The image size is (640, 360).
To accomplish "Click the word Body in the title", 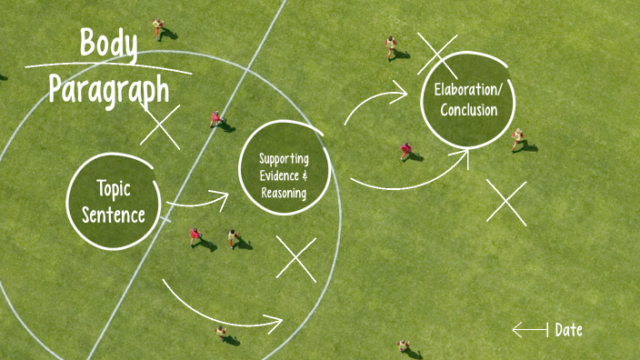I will [x=108, y=44].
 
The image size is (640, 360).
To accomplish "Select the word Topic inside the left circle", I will [x=114, y=189].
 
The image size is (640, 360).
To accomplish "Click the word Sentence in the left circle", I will [x=114, y=215].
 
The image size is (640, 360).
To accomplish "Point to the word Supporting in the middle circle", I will [x=284, y=157].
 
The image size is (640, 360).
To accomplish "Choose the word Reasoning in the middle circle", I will [x=284, y=193].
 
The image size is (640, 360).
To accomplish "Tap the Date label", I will [x=568, y=330].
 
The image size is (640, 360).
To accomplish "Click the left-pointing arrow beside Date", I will [x=529, y=329].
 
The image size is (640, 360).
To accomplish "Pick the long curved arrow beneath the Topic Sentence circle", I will [x=223, y=309].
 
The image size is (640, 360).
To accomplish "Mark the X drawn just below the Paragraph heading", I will [x=160, y=125].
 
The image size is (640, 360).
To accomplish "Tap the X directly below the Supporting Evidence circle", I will [x=296, y=259].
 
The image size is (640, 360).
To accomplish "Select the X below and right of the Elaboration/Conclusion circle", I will [x=506, y=202].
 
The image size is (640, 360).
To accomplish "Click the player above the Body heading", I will [x=159, y=27].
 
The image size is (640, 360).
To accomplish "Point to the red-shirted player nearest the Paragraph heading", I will [x=216, y=118].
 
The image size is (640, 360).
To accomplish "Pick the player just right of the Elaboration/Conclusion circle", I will [x=517, y=138].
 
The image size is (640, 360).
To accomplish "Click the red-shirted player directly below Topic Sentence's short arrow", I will [x=195, y=236].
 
